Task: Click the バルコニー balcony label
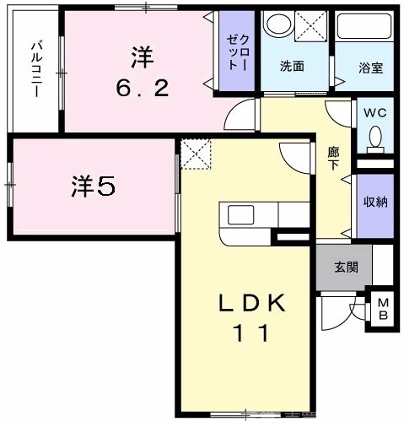36,68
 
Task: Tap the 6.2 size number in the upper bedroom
141,87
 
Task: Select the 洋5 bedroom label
92,186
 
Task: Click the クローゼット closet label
235,52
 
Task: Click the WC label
374,111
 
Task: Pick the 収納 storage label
374,203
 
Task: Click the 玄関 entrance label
346,268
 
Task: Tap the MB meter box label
381,311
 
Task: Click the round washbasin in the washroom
277,24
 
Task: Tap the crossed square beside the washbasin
312,25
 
